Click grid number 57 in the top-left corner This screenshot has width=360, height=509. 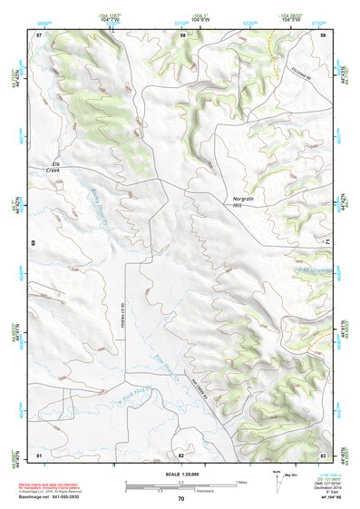[39, 34]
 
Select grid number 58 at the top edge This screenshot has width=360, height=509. [182, 34]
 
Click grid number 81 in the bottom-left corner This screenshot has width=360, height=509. [39, 453]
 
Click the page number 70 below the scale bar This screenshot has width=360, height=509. [180, 498]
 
